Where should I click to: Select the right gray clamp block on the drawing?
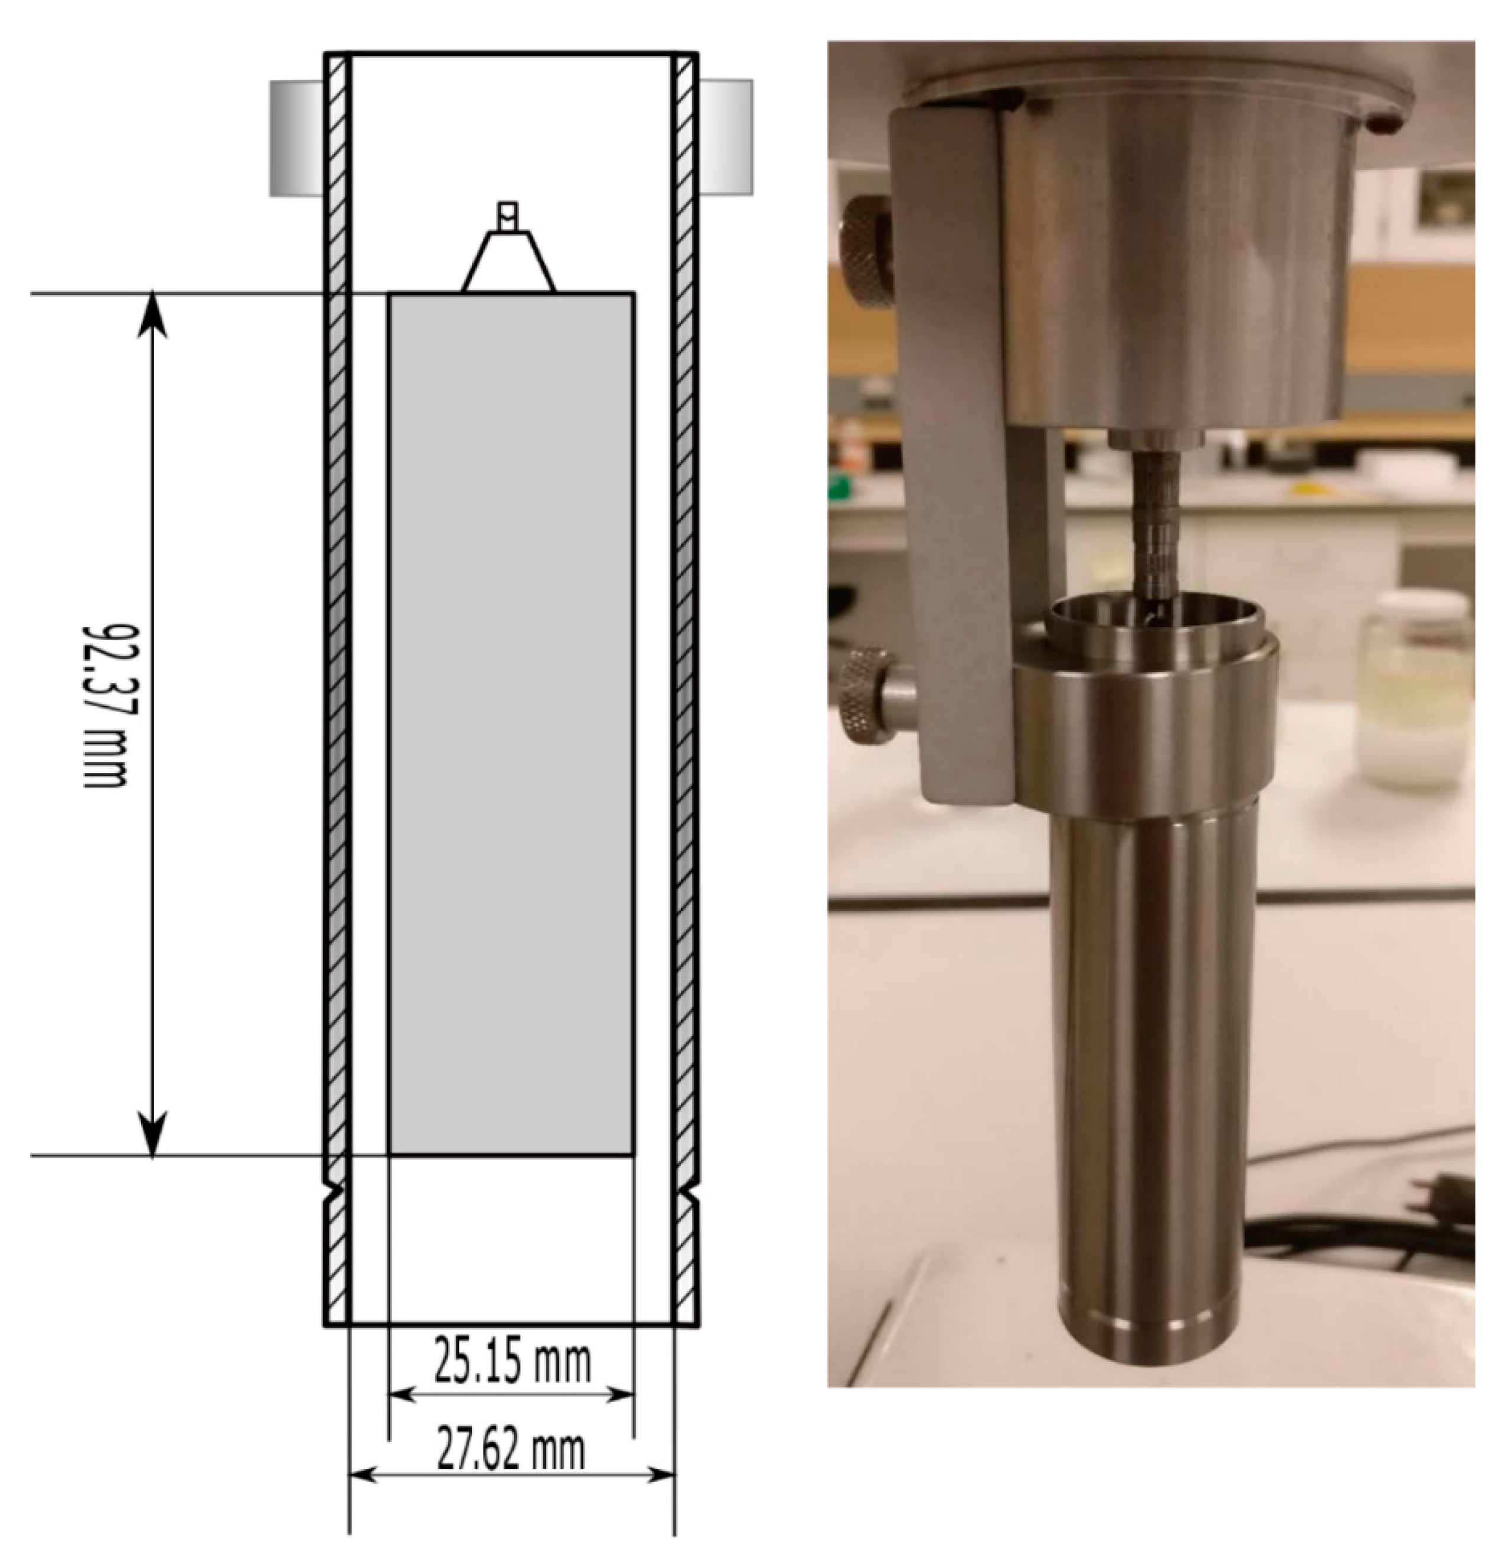(726, 137)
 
